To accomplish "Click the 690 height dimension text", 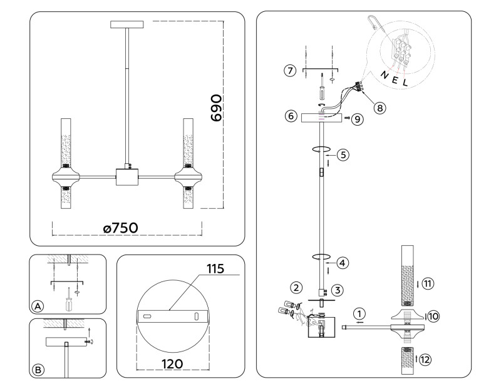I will pyautogui.click(x=216, y=109).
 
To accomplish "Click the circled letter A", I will pyautogui.click(x=38, y=306).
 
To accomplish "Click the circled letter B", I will pyautogui.click(x=38, y=370).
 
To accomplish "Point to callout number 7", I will pyautogui.click(x=289, y=70).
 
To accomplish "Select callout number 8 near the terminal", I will pyautogui.click(x=380, y=107).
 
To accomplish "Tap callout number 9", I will pyautogui.click(x=357, y=118).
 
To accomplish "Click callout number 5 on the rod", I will pyautogui.click(x=341, y=154).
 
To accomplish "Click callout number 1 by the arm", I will pyautogui.click(x=359, y=313).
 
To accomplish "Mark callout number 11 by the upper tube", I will pyautogui.click(x=427, y=283).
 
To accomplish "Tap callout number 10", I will pyautogui.click(x=433, y=316).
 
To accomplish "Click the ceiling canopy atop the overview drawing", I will pyautogui.click(x=127, y=25).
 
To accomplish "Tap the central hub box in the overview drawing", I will pyautogui.click(x=127, y=176).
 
